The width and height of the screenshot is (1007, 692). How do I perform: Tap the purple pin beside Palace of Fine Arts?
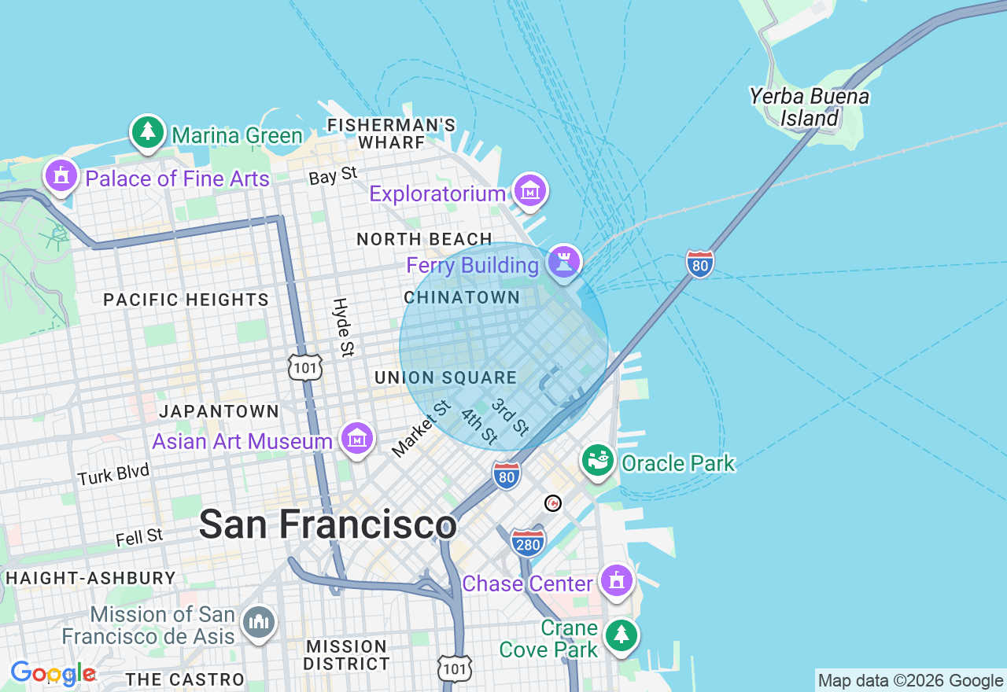pos(61,175)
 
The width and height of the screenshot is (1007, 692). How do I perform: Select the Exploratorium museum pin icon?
pos(529,190)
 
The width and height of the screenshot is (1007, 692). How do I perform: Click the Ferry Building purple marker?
pos(564,262)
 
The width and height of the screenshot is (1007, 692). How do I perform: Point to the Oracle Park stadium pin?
pos(599,461)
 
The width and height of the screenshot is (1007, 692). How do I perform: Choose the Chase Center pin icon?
pos(616,581)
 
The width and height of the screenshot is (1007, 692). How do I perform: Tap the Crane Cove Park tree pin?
pos(622,635)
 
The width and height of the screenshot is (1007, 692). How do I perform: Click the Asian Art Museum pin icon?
pos(357,439)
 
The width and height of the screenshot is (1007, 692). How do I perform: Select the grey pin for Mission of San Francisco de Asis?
pos(257,623)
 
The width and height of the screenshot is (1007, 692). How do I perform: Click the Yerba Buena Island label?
pos(809,107)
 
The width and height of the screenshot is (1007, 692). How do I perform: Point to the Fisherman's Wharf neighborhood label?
pos(391,134)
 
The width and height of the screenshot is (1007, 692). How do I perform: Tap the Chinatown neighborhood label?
pos(462,297)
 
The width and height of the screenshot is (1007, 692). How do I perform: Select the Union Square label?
pos(445,377)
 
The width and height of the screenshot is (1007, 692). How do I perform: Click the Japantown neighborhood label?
pos(219,411)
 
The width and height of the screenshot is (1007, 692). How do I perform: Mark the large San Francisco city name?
pos(327,525)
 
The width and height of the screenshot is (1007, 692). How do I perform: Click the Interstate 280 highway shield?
pos(527,543)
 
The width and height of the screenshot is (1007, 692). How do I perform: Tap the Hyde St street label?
pos(343,327)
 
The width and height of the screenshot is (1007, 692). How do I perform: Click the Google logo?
pos(53,673)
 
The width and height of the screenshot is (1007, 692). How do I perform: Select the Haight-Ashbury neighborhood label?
pos(90,578)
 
